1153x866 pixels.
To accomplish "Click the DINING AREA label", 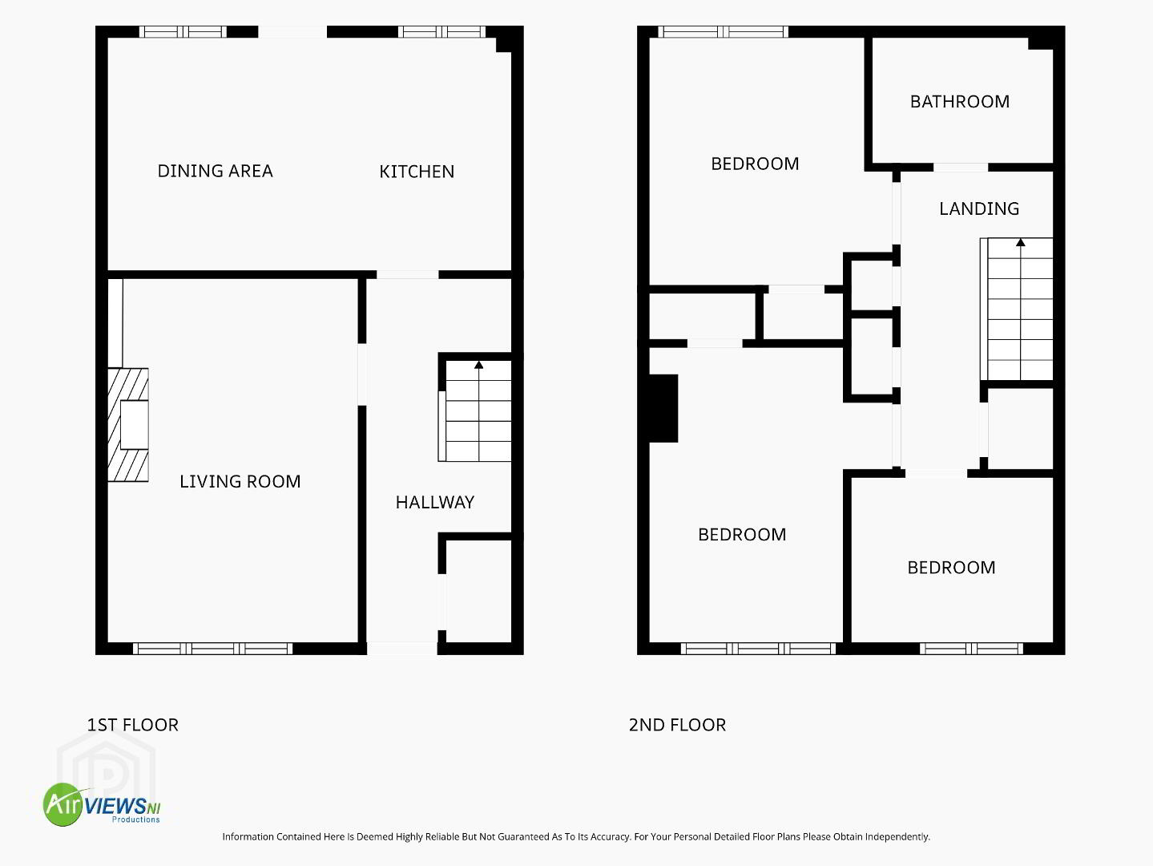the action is (x=216, y=171).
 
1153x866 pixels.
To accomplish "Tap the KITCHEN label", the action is (x=417, y=172).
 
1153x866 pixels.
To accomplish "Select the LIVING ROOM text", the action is (x=240, y=481).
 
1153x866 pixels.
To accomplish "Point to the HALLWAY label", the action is (x=435, y=503).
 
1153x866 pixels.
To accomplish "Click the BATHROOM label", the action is (x=960, y=101).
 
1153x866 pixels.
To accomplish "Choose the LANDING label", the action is (x=979, y=208).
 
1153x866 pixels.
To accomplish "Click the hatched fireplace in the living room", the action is (x=128, y=425).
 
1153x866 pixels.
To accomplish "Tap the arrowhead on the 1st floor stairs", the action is (x=478, y=365).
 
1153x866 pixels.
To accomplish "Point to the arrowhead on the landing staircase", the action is (x=1021, y=242).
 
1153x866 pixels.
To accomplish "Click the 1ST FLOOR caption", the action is (x=133, y=725).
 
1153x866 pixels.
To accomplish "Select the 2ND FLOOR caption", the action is (x=677, y=725).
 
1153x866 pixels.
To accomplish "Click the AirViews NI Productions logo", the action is (x=102, y=804).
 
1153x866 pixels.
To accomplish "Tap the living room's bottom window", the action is (x=213, y=649).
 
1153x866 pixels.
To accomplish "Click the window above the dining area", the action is (x=183, y=31).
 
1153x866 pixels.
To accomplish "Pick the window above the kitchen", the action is (x=441, y=31).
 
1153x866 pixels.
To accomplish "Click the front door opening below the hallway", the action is (x=402, y=649).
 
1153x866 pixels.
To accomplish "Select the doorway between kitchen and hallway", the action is (x=408, y=275).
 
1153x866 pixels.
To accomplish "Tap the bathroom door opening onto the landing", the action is (x=961, y=168).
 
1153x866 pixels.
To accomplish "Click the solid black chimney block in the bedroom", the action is (x=663, y=408).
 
